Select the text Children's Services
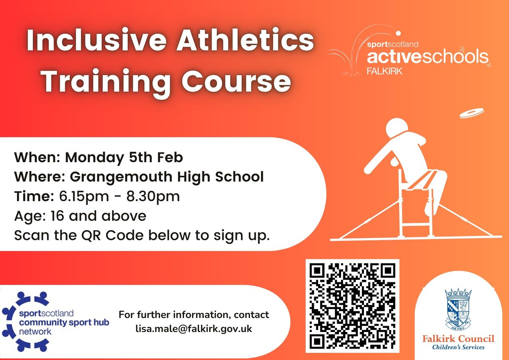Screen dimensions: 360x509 point(458,347)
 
